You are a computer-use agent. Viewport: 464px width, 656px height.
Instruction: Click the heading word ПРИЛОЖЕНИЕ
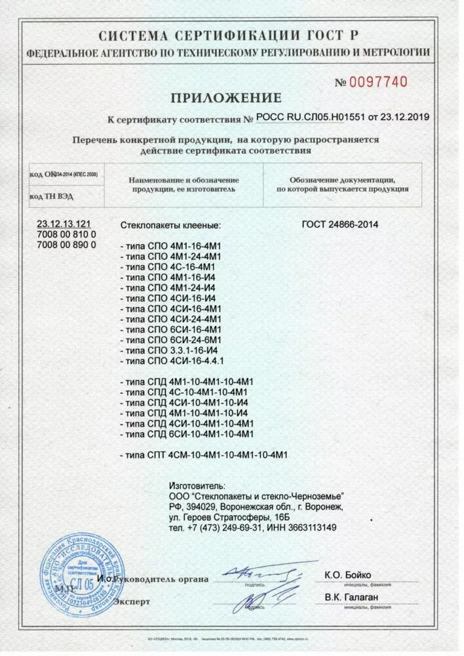226,98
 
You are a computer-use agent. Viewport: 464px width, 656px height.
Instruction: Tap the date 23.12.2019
404,117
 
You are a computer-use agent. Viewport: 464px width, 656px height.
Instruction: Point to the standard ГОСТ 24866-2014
340,224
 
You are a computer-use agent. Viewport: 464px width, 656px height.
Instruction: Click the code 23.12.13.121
64,224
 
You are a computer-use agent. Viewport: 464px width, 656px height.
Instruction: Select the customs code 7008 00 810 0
66,234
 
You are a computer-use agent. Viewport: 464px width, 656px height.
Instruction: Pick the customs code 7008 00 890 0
66,244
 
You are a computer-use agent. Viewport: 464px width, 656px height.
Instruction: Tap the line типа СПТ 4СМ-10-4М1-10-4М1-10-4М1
205,455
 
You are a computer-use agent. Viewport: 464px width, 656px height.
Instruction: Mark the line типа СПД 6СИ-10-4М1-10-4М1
187,434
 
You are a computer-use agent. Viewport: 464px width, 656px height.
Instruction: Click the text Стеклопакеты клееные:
171,225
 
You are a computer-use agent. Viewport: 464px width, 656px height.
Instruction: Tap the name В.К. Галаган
351,597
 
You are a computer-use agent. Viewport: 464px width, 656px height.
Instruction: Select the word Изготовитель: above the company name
197,486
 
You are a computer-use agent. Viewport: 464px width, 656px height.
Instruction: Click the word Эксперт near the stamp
132,601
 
